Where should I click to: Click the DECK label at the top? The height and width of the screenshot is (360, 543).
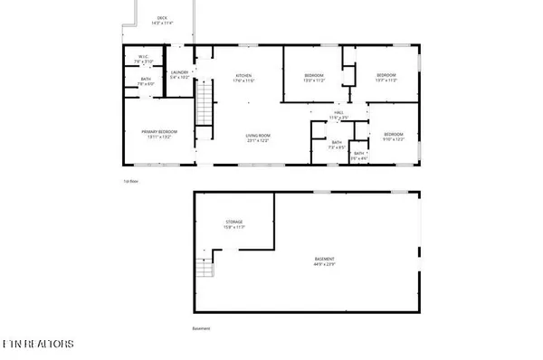(162, 17)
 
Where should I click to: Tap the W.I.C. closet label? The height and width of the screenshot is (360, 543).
(144, 58)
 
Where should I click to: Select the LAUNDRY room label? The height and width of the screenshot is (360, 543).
(179, 74)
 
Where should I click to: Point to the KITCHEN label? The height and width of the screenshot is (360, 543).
(243, 76)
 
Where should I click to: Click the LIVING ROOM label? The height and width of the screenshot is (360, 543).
(259, 137)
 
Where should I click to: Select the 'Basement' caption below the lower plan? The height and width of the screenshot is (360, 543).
(201, 328)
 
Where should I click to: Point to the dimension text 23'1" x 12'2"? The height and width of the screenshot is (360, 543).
(259, 142)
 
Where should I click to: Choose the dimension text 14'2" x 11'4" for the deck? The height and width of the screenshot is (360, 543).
(162, 23)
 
